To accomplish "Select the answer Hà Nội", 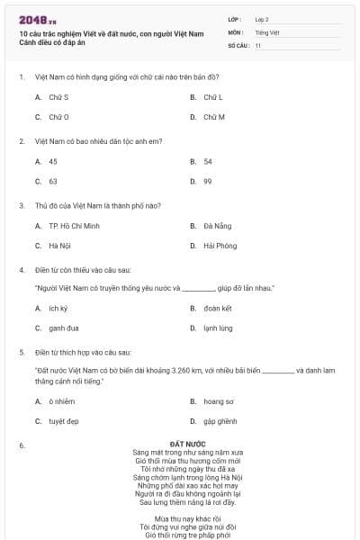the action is [x=59, y=246].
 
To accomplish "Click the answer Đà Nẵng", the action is [x=217, y=226].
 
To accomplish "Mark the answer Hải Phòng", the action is [x=220, y=246].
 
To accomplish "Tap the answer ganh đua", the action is [x=63, y=328].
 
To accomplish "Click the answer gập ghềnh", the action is [x=219, y=420].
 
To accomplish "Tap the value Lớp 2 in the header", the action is [x=262, y=18].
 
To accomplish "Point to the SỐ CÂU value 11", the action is [x=258, y=45].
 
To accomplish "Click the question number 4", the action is [x=21, y=270].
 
